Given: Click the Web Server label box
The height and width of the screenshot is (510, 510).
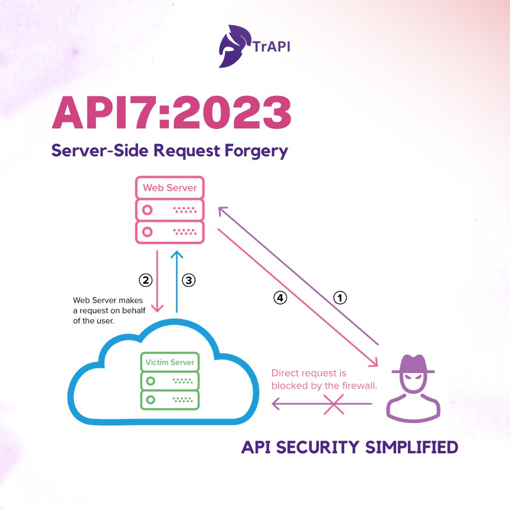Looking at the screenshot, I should point(170,187).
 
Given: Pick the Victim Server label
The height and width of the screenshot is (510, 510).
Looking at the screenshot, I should point(170,362).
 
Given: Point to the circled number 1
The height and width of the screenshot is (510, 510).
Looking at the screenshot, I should point(340,297).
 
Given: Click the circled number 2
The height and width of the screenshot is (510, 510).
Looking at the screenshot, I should point(145,280).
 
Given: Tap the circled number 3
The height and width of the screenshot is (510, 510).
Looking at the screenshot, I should point(188,280).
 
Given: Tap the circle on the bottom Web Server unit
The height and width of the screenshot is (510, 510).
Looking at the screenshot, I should point(148,232).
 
